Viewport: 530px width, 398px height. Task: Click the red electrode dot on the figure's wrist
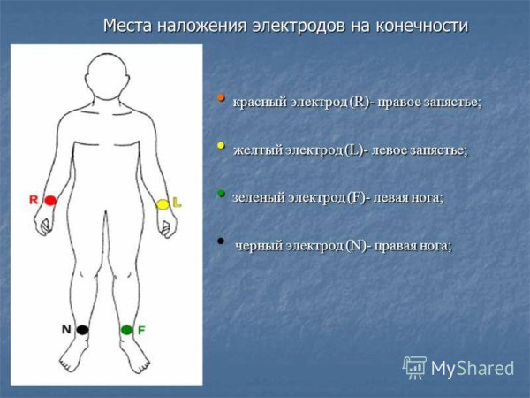tap(50, 201)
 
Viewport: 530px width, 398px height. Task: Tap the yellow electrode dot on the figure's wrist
tap(163, 204)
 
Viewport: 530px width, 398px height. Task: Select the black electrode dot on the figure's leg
tap(82, 329)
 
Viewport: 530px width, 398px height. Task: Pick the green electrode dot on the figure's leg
tap(126, 330)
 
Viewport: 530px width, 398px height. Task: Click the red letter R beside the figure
tap(34, 200)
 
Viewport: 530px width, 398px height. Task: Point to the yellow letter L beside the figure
tap(177, 203)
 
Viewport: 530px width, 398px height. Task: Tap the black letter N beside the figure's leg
tap(65, 329)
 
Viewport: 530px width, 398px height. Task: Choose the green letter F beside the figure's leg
tap(141, 330)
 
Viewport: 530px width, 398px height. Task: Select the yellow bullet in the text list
tap(221, 144)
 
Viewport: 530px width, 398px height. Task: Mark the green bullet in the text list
tap(221, 192)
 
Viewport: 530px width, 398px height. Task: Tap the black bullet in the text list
tap(221, 239)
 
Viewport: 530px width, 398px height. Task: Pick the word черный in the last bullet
tap(258, 245)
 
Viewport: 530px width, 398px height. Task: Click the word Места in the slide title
tap(129, 26)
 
